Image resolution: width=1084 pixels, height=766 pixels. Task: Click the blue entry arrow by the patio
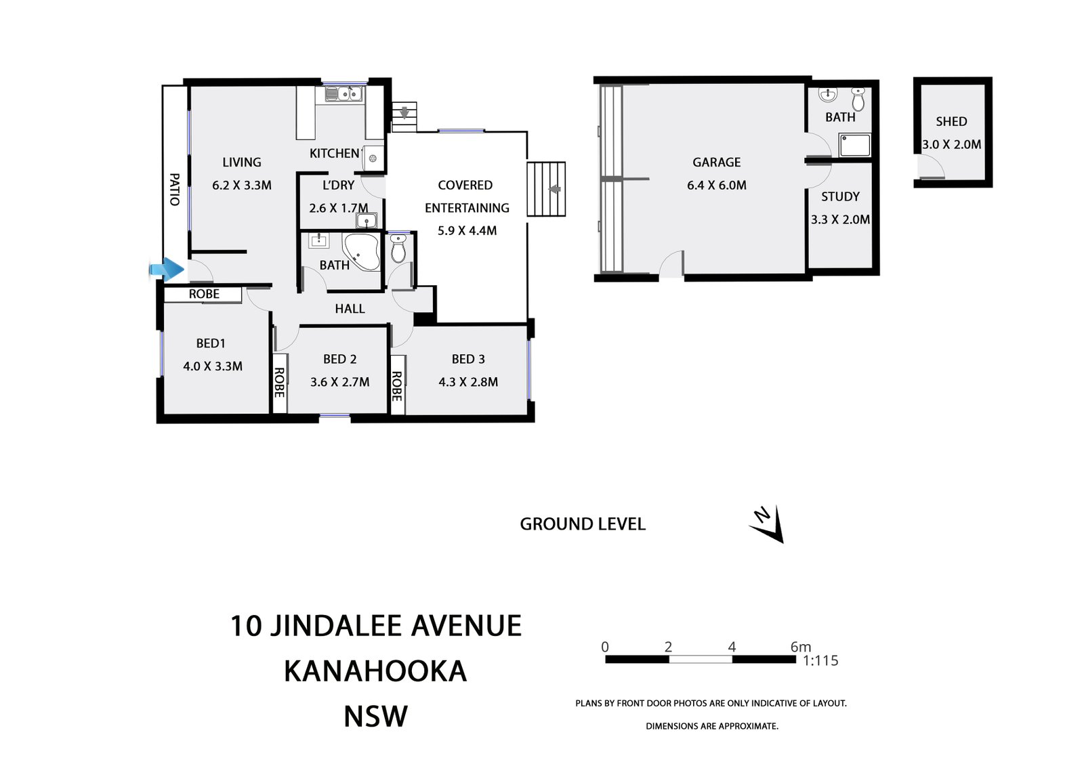pyautogui.click(x=167, y=270)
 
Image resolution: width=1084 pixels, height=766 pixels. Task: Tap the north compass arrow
pyautogui.click(x=768, y=524)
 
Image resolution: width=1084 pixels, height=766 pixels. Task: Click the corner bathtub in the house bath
pyautogui.click(x=362, y=252)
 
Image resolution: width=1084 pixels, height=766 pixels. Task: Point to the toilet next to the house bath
pyautogui.click(x=398, y=249)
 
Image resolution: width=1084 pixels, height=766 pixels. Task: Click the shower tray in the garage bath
pyautogui.click(x=854, y=145)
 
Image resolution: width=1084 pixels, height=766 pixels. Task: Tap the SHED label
pyautogui.click(x=951, y=122)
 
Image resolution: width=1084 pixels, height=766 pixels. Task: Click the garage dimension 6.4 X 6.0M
pyautogui.click(x=716, y=186)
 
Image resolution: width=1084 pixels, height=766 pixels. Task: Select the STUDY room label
pyautogui.click(x=840, y=197)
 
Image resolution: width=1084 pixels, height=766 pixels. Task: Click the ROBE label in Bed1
pyautogui.click(x=204, y=294)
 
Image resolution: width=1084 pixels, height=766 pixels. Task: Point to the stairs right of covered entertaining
pyautogui.click(x=546, y=189)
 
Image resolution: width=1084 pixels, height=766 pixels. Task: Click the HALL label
pyautogui.click(x=350, y=309)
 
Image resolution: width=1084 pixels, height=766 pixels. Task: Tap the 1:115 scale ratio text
pyautogui.click(x=820, y=661)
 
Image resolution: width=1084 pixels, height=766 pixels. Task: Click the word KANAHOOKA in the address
pyautogui.click(x=375, y=671)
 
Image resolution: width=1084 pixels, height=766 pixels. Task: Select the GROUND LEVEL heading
pyautogui.click(x=582, y=524)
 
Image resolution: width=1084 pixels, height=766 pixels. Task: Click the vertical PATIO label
pyautogui.click(x=174, y=190)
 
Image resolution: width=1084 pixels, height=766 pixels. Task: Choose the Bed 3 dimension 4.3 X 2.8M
pyautogui.click(x=468, y=382)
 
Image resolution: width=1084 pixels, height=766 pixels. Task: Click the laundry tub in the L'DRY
pyautogui.click(x=367, y=221)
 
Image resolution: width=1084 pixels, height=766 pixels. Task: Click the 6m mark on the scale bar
pyautogui.click(x=800, y=647)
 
